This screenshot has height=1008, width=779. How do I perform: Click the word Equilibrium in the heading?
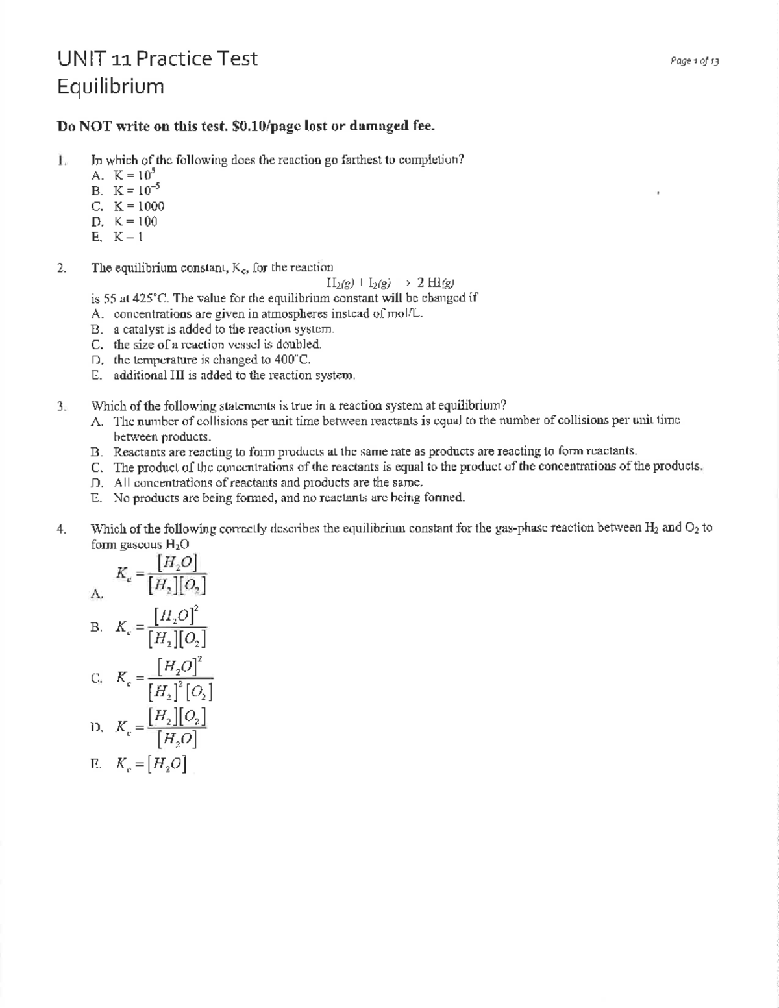[110, 86]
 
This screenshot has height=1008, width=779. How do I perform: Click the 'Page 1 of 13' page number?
[694, 62]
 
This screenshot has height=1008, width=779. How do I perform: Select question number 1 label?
[61, 160]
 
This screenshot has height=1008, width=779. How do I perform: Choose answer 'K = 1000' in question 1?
[139, 206]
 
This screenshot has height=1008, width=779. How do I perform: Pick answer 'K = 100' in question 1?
[136, 221]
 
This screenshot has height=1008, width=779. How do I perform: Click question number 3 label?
[61, 407]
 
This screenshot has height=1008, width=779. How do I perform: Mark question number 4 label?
[61, 528]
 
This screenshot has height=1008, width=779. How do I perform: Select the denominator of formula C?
[180, 693]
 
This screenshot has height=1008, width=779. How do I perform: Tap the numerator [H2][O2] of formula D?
[177, 717]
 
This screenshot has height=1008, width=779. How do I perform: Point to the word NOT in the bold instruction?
[95, 127]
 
